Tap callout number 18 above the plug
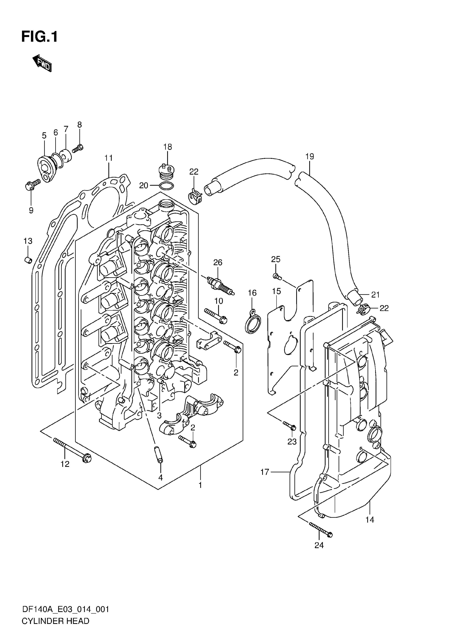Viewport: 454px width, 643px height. click(168, 147)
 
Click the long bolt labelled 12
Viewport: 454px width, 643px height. click(72, 450)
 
